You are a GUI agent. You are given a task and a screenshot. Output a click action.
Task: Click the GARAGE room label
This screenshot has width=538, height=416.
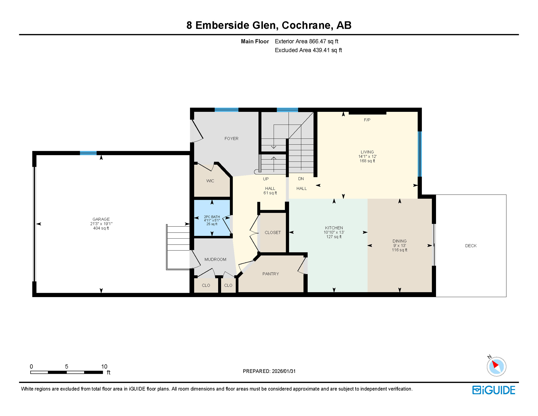101,219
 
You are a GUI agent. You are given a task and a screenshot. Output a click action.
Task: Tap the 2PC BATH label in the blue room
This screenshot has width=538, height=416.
212,217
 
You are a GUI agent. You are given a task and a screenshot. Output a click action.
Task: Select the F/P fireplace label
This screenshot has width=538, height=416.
367,120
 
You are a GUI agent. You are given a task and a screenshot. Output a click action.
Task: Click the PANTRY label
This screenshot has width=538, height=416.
270,274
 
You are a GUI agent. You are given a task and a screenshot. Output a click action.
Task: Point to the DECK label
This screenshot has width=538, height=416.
471,246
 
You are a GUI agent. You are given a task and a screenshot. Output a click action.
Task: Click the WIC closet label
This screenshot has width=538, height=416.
210,181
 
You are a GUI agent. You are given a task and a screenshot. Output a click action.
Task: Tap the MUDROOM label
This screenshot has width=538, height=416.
215,259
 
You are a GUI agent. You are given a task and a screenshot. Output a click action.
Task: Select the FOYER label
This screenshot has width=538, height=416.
231,138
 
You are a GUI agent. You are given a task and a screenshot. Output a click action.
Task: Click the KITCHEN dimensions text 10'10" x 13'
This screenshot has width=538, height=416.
334,232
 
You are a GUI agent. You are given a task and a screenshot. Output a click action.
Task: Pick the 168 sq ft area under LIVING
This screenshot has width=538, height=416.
367,161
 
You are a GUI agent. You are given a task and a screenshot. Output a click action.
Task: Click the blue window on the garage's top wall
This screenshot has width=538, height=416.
88,153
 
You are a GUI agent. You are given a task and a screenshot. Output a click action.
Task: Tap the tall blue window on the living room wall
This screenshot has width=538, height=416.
420,154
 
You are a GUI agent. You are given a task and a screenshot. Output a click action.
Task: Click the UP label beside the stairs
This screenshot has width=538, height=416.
266,179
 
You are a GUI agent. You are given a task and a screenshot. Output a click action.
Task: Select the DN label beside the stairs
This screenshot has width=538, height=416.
301,179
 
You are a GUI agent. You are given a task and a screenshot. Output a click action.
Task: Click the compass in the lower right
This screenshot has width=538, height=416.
496,366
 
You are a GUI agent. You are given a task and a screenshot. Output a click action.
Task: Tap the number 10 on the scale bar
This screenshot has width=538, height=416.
104,366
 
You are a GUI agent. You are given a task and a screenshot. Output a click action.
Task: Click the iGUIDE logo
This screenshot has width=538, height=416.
494,390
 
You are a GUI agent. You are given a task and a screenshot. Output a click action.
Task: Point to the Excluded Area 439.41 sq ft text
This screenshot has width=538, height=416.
308,50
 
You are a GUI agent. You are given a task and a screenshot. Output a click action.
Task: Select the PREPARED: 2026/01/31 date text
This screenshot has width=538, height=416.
269,371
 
